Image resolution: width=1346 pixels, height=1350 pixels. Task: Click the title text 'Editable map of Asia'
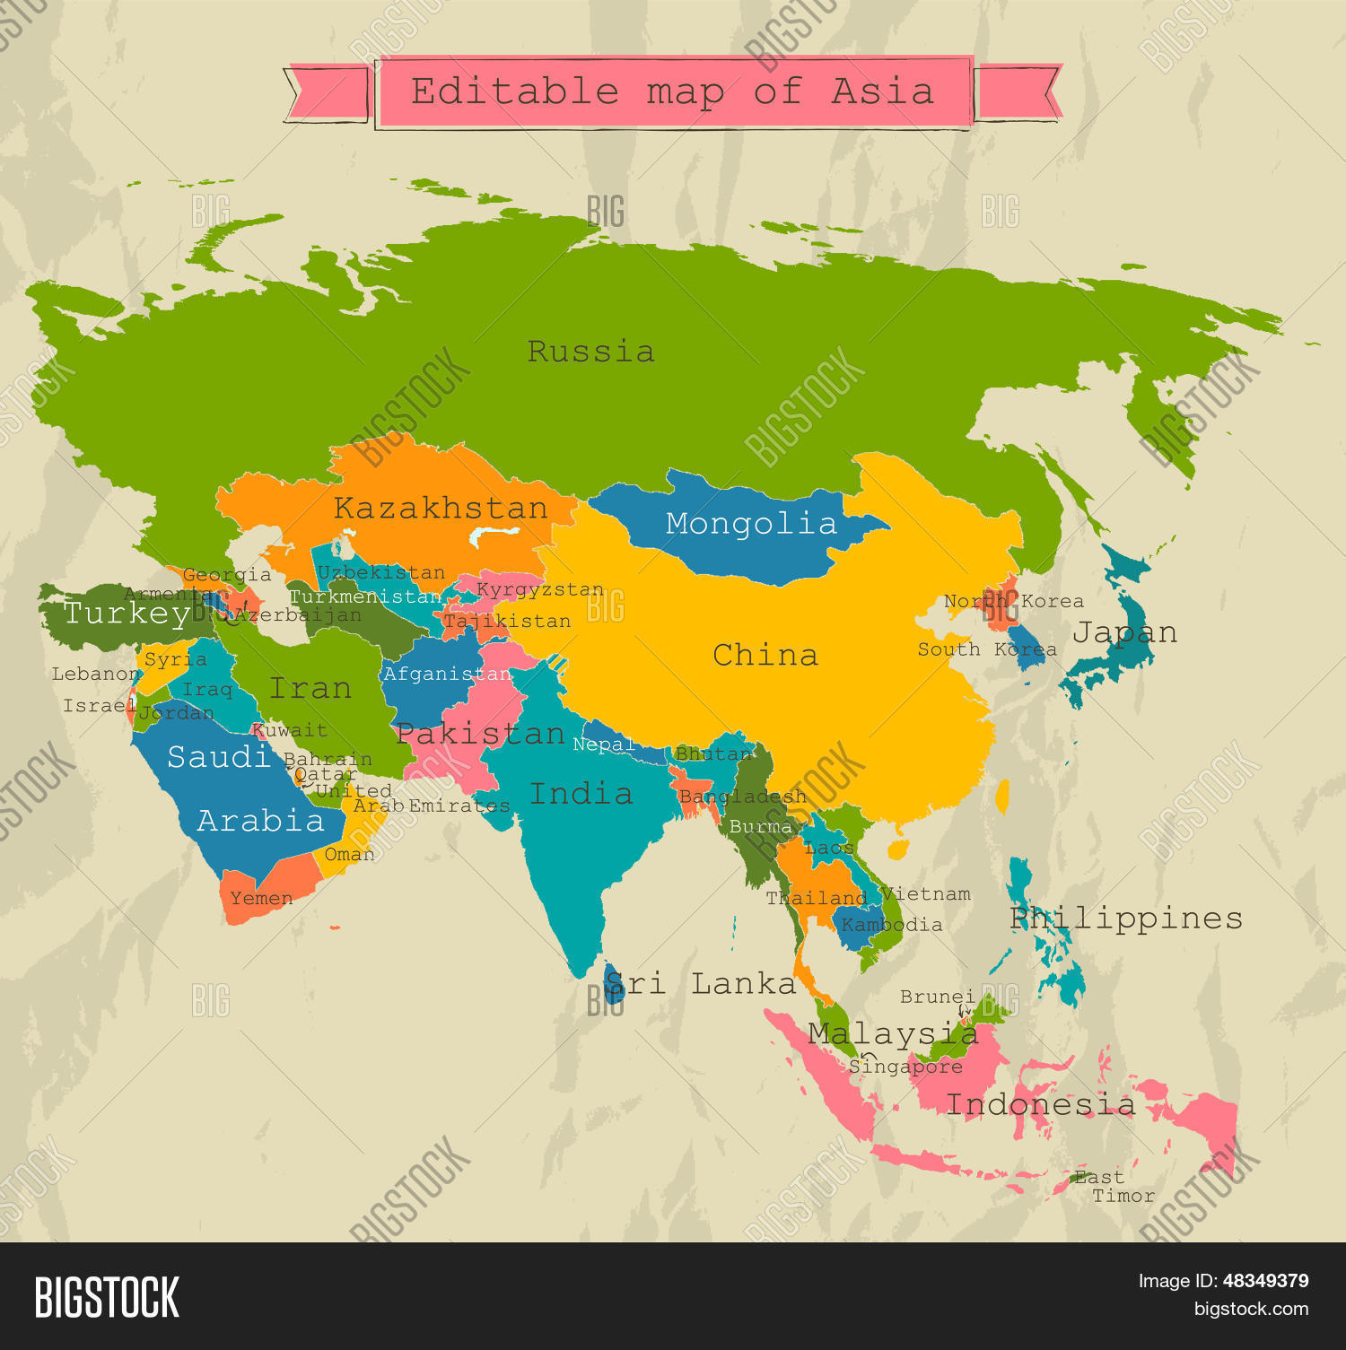[673, 91]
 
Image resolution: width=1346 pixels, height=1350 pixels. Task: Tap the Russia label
[590, 352]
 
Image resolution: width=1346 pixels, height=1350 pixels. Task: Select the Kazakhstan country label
[441, 509]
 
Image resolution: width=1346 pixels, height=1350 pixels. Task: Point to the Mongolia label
[751, 524]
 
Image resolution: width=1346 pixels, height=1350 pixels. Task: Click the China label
[765, 656]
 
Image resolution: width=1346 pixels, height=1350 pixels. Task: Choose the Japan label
[1124, 633]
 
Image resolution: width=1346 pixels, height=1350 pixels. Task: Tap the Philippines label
[1126, 919]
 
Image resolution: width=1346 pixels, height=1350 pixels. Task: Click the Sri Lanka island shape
[614, 984]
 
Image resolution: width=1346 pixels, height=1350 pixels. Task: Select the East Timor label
[1113, 1187]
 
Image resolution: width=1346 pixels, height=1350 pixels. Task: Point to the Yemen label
[261, 899]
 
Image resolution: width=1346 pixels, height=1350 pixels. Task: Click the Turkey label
[127, 614]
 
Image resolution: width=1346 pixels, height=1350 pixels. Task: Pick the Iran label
[310, 689]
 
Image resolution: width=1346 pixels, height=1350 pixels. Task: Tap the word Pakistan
[480, 735]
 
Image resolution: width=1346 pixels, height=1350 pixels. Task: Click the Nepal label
[603, 745]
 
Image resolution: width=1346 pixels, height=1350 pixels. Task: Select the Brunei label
[937, 997]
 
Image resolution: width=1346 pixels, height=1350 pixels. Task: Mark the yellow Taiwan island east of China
[1002, 796]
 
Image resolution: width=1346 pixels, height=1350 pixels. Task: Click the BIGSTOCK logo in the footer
[107, 1297]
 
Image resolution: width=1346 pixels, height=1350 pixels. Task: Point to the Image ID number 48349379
[1265, 1281]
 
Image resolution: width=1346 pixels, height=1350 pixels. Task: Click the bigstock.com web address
[1251, 1309]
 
